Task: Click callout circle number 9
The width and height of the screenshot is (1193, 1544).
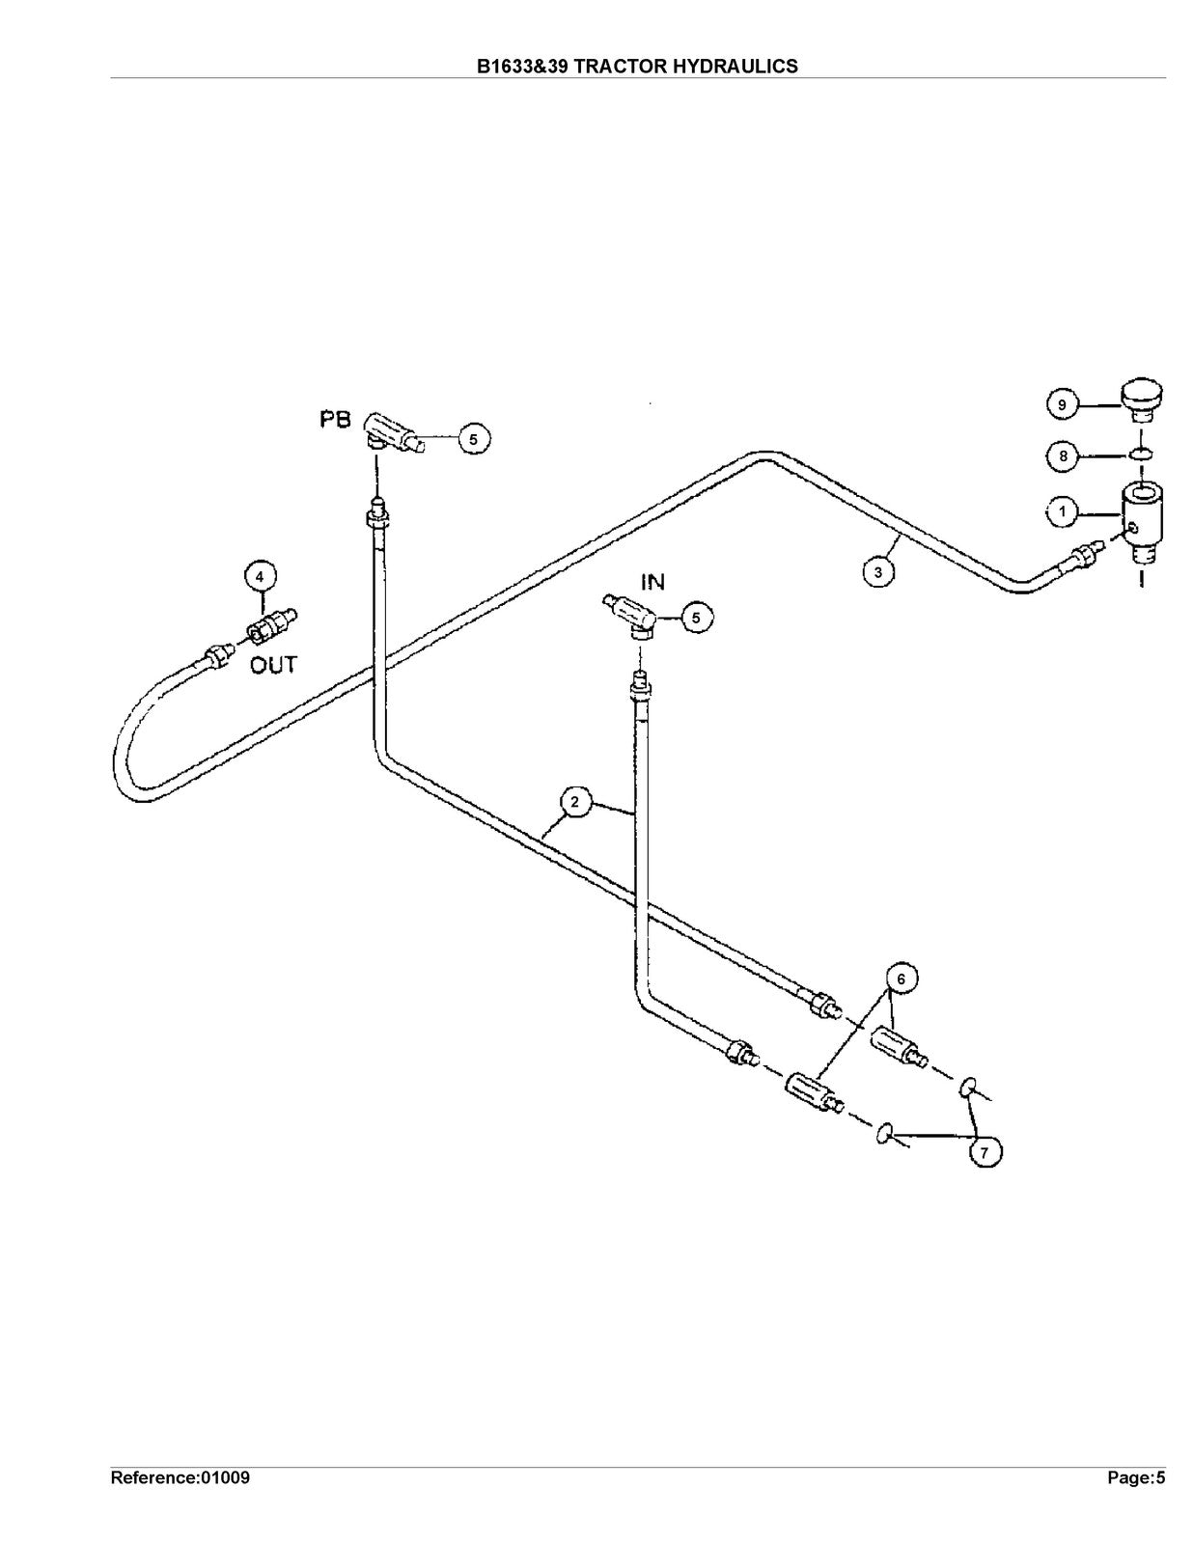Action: point(1063,405)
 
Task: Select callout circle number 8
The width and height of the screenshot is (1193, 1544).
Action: point(1063,456)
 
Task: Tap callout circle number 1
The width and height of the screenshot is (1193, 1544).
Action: point(1063,511)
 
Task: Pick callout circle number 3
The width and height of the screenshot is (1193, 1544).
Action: point(878,571)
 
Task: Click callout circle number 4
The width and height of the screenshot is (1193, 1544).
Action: point(260,577)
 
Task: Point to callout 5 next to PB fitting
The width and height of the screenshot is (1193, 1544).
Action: point(474,439)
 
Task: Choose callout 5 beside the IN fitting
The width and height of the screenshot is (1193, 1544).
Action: point(696,619)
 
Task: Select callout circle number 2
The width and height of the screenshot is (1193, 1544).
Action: point(575,803)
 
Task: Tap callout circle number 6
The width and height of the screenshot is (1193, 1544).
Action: point(901,979)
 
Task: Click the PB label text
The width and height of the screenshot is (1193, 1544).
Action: point(335,421)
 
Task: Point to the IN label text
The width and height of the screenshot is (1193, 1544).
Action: point(653,583)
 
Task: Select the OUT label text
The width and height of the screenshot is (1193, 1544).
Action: point(273,665)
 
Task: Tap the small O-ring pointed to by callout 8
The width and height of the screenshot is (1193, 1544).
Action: point(1141,455)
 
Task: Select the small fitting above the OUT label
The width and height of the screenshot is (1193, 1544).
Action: point(271,623)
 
